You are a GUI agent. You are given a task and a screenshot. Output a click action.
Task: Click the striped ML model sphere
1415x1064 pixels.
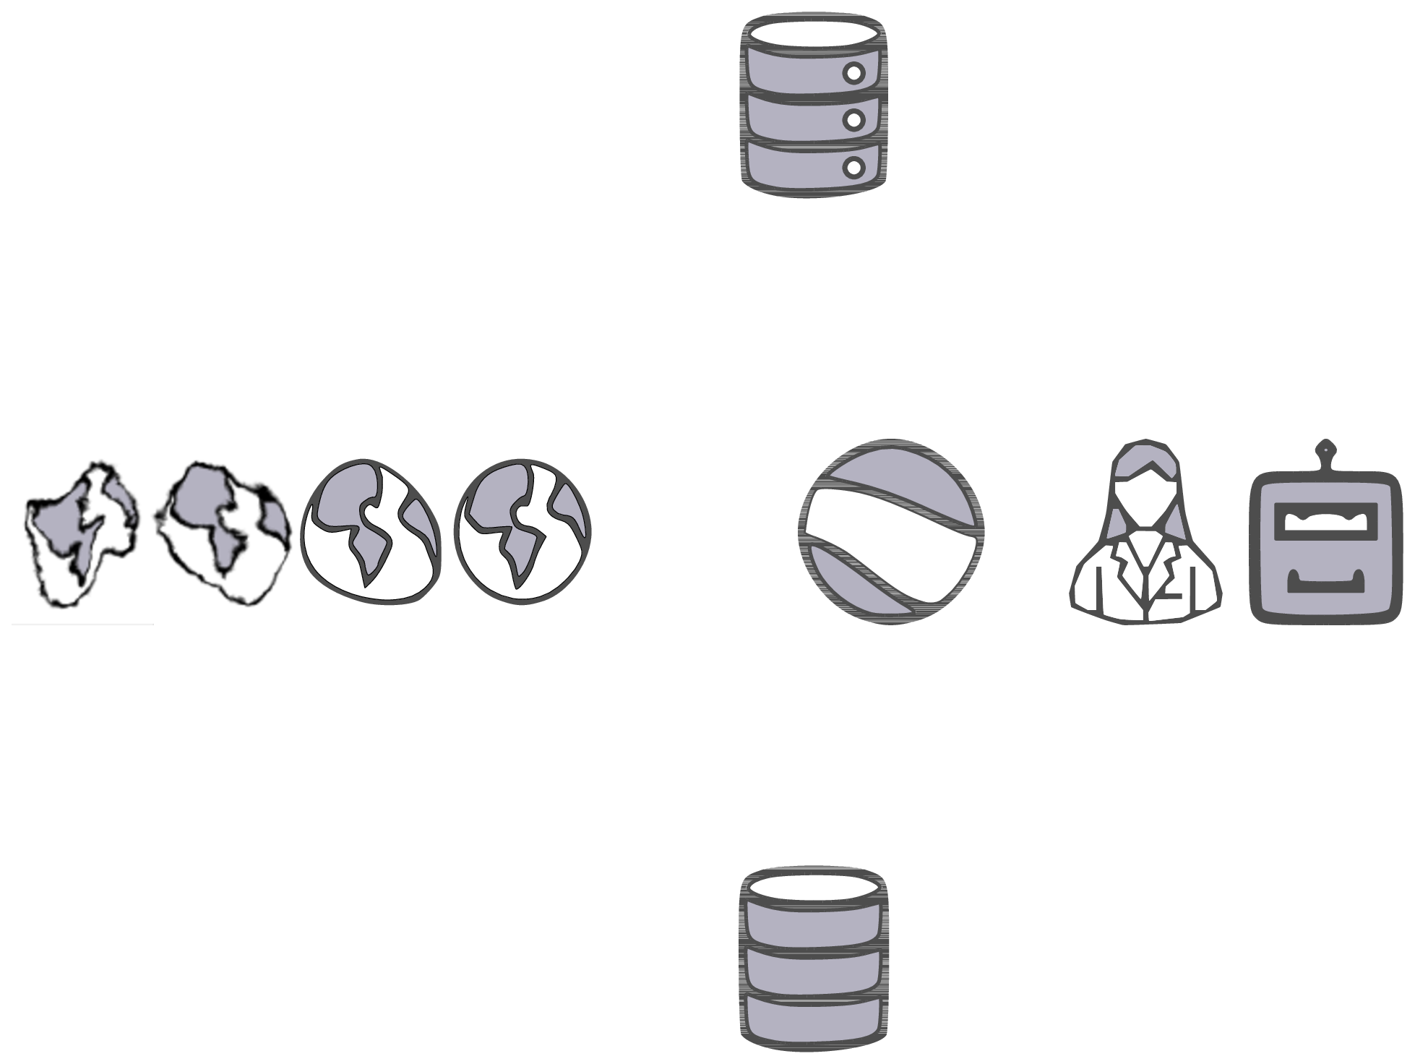(x=890, y=532)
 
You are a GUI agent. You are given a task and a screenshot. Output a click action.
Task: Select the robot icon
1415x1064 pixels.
(x=1324, y=546)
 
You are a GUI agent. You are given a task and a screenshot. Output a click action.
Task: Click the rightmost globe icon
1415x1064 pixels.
(x=522, y=531)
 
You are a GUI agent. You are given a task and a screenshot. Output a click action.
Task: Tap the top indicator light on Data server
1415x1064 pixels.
(x=854, y=73)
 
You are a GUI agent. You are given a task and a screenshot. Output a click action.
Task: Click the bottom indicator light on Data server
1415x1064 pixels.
(x=854, y=168)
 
